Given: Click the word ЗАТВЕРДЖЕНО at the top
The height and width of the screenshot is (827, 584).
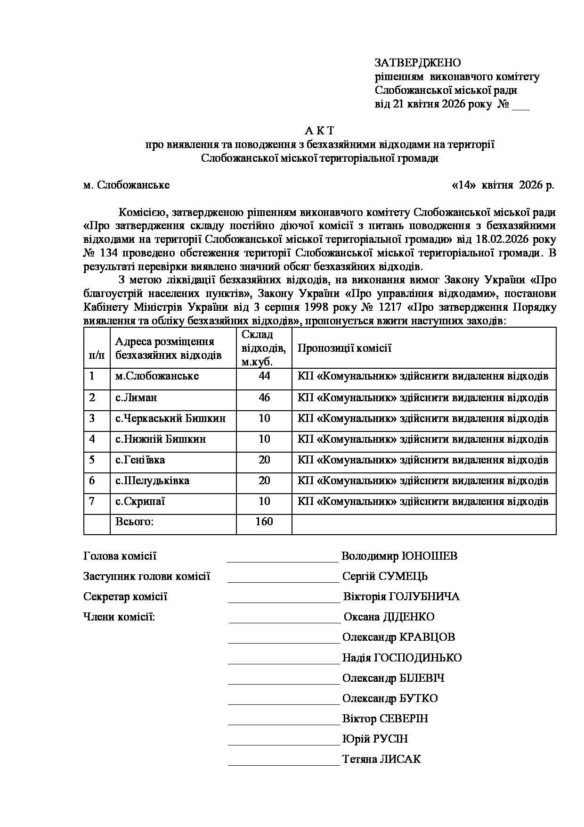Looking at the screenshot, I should coord(417,63).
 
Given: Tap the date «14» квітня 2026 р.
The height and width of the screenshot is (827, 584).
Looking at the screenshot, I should coord(503,185).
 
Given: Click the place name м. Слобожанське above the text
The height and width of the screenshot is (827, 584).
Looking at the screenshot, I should coord(126,185).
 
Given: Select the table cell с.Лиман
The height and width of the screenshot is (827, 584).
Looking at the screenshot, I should coord(137,397).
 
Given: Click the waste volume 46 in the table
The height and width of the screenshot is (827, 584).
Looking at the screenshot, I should coord(264,397).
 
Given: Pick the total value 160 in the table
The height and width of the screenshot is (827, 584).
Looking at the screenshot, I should coord(264,521).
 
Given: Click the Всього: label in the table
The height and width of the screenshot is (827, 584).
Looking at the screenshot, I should coord(135,522).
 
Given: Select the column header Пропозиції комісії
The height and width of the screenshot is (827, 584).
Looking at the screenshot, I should coord(344,348).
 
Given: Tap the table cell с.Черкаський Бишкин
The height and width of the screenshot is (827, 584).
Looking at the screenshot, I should coord(170,418).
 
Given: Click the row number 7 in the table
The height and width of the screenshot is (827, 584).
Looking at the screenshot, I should coord(92,501).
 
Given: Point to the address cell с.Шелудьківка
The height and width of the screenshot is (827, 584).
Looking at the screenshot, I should coord(153,481).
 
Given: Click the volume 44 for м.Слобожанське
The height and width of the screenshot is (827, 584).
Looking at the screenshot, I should coord(264,376).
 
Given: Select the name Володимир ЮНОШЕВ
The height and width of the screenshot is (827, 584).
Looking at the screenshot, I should coord(399,556).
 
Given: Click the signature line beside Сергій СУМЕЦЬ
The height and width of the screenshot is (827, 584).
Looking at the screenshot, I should coord(283,581).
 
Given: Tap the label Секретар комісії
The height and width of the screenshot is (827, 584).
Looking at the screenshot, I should coord(125,597).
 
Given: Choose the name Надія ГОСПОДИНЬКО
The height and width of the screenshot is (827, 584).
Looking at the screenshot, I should coord(402,658).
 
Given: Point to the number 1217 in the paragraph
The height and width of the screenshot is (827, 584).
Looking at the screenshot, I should coord(388,308).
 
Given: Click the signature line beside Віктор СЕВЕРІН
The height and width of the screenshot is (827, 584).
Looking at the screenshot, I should coord(284,723).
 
